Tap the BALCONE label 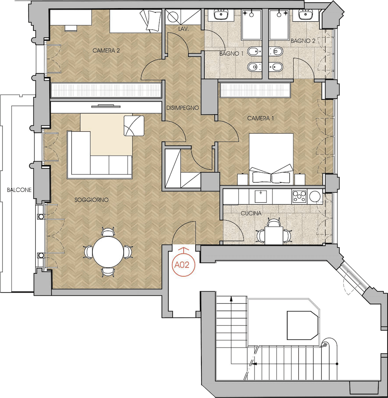[19, 190]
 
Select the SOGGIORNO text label [92, 200]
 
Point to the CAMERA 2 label [106, 50]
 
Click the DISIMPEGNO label [183, 108]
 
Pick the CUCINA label [251, 213]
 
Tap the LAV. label [184, 29]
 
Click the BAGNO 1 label [232, 54]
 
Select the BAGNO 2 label [303, 41]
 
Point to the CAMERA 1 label [260, 118]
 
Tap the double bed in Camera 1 [271, 159]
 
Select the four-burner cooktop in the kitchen [300, 196]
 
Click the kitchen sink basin [261, 196]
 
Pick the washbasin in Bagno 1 [222, 14]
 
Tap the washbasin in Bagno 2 [306, 14]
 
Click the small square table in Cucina [274, 235]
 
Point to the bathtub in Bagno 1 [251, 25]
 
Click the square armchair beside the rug [134, 126]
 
